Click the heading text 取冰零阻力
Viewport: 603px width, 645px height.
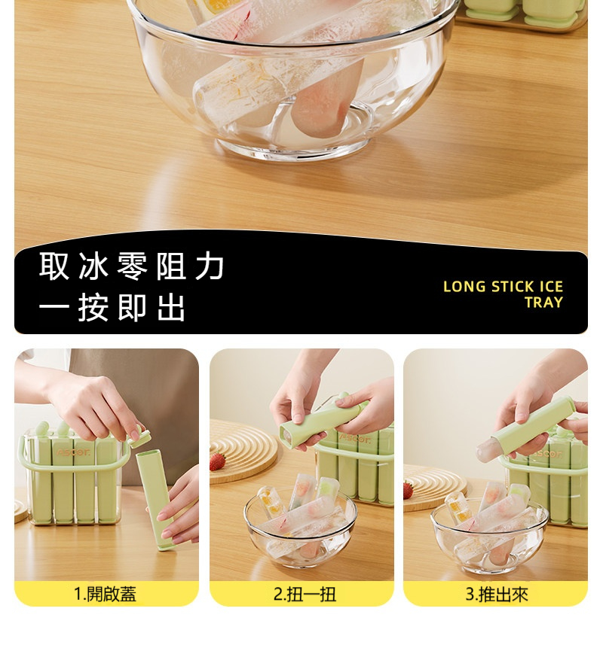click(132, 266)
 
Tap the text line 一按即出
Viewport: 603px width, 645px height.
click(112, 307)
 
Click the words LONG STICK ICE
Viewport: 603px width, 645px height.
click(503, 287)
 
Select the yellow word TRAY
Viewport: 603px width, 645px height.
click(543, 303)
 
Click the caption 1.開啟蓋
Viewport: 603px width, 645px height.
click(105, 594)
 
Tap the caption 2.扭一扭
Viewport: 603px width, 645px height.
click(305, 594)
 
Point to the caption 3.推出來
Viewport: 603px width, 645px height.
click(497, 594)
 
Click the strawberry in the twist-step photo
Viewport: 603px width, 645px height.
click(218, 461)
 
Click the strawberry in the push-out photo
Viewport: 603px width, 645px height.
click(409, 490)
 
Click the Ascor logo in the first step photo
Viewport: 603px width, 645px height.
click(73, 452)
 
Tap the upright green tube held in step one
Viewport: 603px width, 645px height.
click(155, 500)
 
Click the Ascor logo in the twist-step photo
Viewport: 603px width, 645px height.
click(354, 439)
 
